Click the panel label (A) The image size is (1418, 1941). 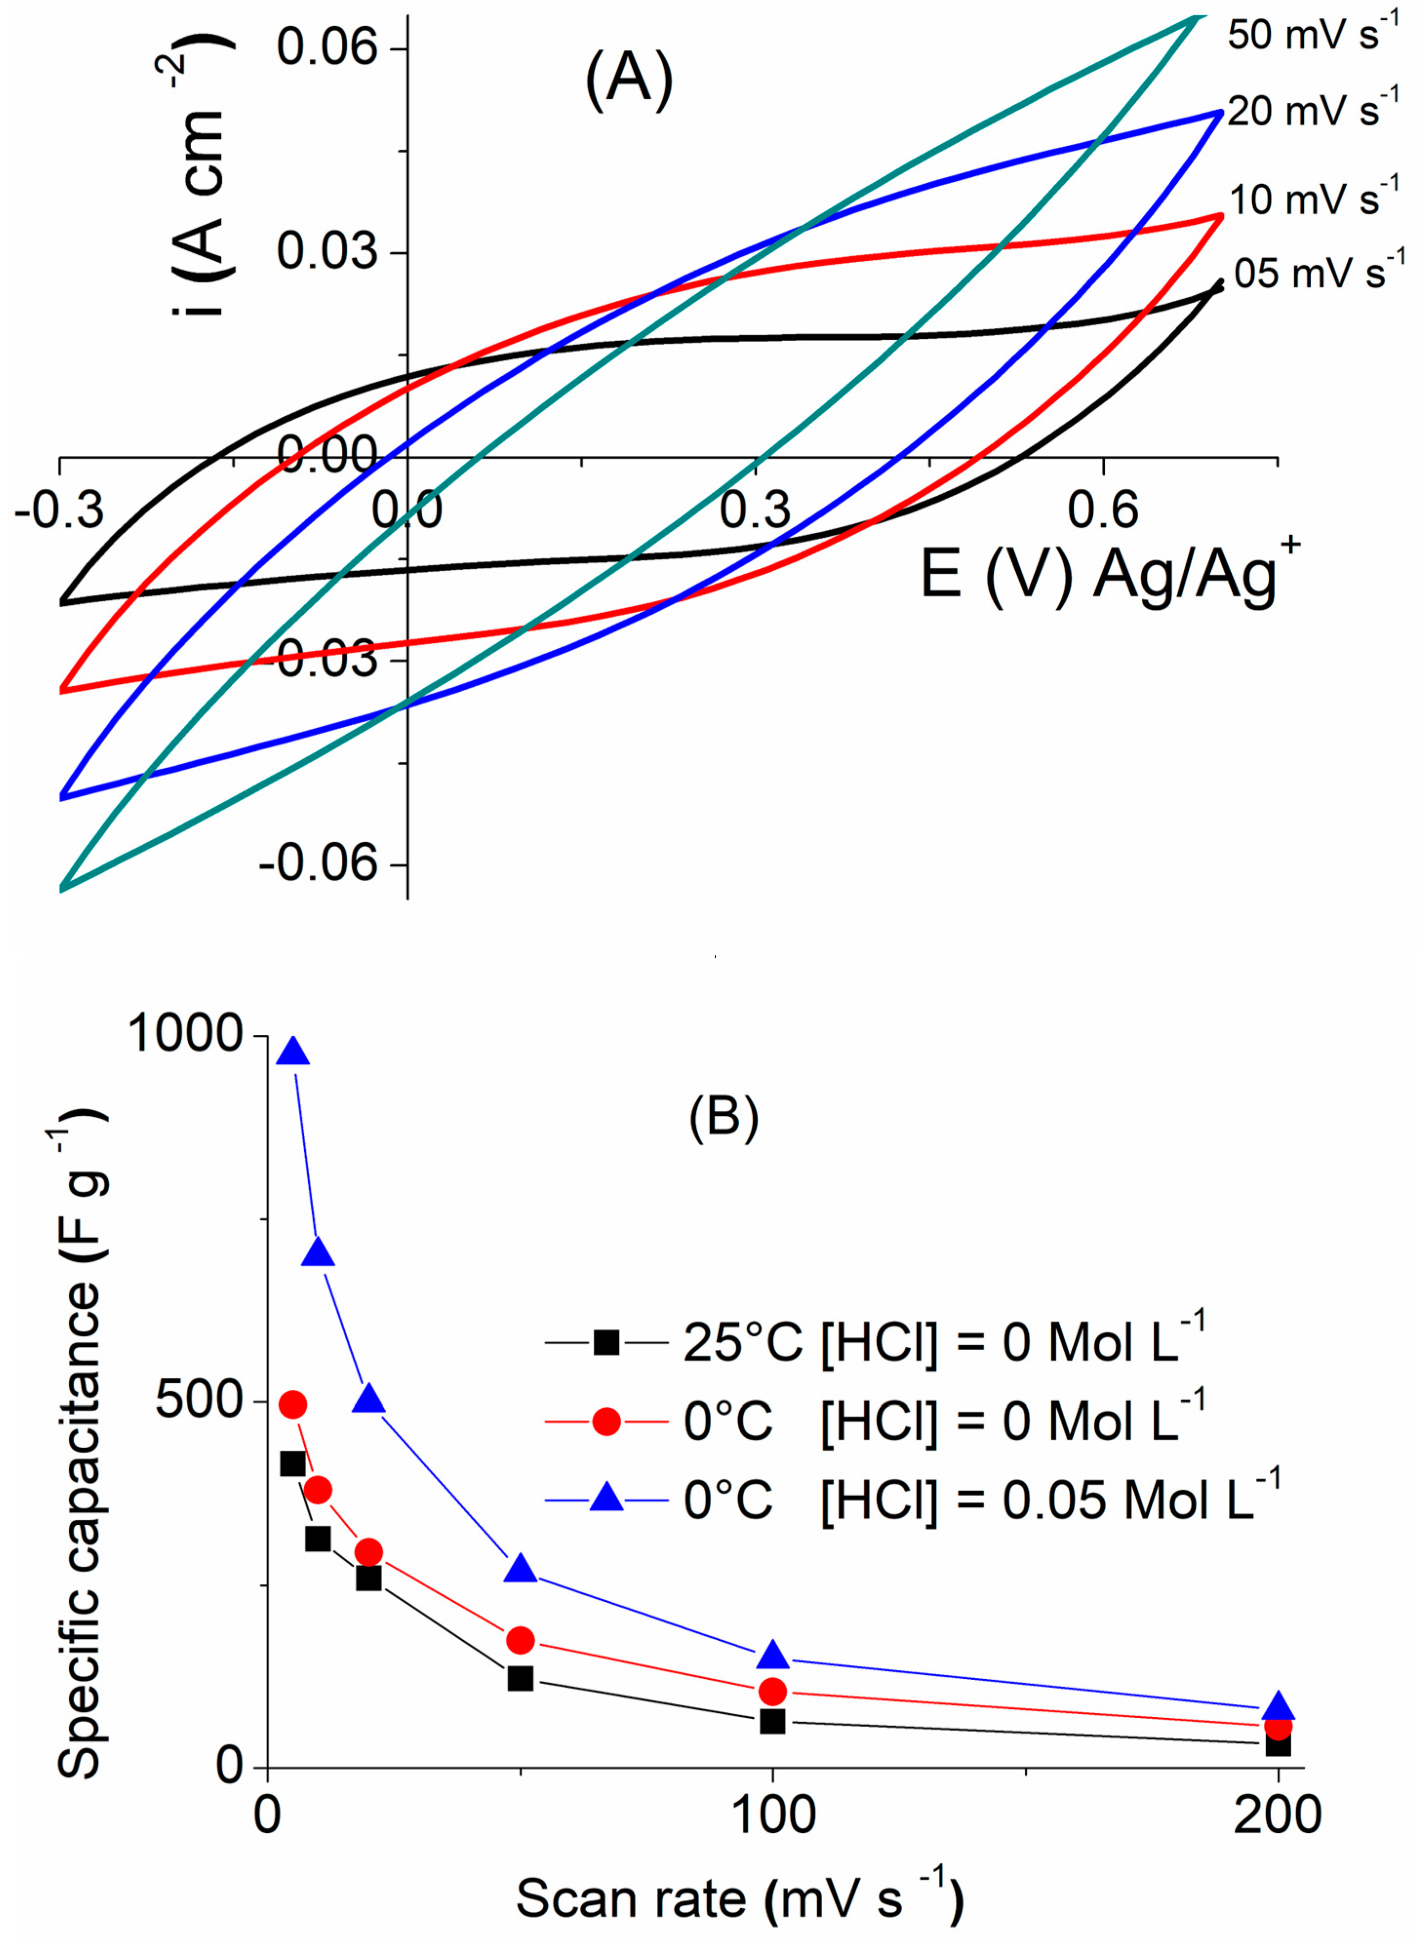click(629, 83)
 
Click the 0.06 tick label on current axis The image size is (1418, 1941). click(327, 48)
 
